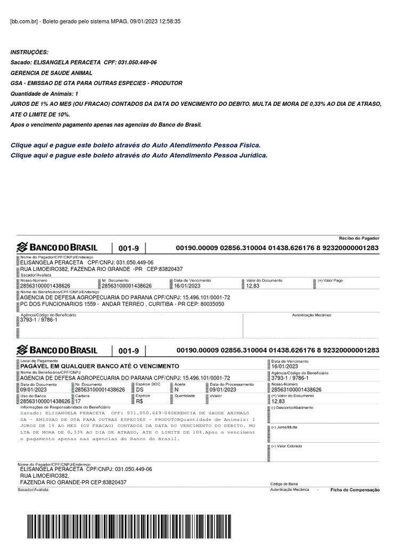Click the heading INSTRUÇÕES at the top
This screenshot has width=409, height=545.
click(x=29, y=52)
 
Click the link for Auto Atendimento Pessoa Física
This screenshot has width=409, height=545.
click(x=136, y=145)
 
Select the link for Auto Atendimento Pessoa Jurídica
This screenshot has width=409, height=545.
click(x=138, y=155)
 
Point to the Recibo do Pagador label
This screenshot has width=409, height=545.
click(x=359, y=238)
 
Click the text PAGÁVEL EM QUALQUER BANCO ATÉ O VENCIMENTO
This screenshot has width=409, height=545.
click(x=100, y=366)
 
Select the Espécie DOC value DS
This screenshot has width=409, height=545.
click(x=140, y=390)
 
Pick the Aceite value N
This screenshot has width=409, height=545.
click(x=177, y=390)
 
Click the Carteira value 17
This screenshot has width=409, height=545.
click(x=79, y=401)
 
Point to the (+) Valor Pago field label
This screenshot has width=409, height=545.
click(x=330, y=280)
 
